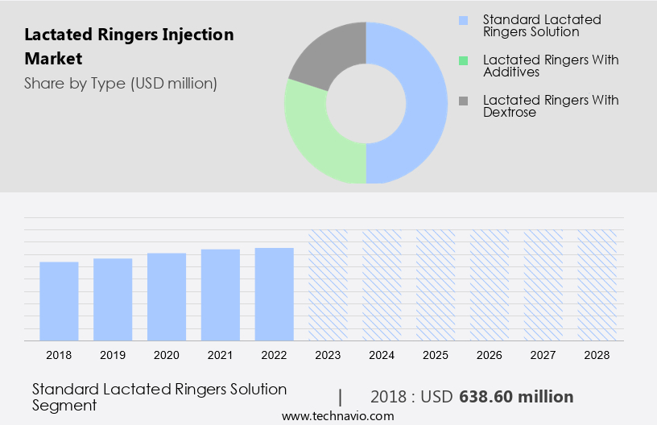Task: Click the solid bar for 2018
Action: coord(59,301)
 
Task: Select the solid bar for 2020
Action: coord(167,296)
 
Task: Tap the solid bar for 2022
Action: coord(275,294)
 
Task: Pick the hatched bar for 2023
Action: coord(328,285)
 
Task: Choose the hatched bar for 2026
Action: coord(490,285)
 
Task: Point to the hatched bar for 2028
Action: coord(597,285)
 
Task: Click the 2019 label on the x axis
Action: coord(113,354)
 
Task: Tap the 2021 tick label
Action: coord(221,354)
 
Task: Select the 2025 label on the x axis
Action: coord(436,354)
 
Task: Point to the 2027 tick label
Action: coord(543,354)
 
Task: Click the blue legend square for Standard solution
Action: coord(462,19)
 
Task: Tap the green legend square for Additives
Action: coord(462,60)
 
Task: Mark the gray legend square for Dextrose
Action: coord(462,101)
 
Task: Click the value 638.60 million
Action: coord(516,397)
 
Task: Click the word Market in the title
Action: coord(53,59)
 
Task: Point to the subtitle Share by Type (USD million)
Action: coord(121,83)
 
